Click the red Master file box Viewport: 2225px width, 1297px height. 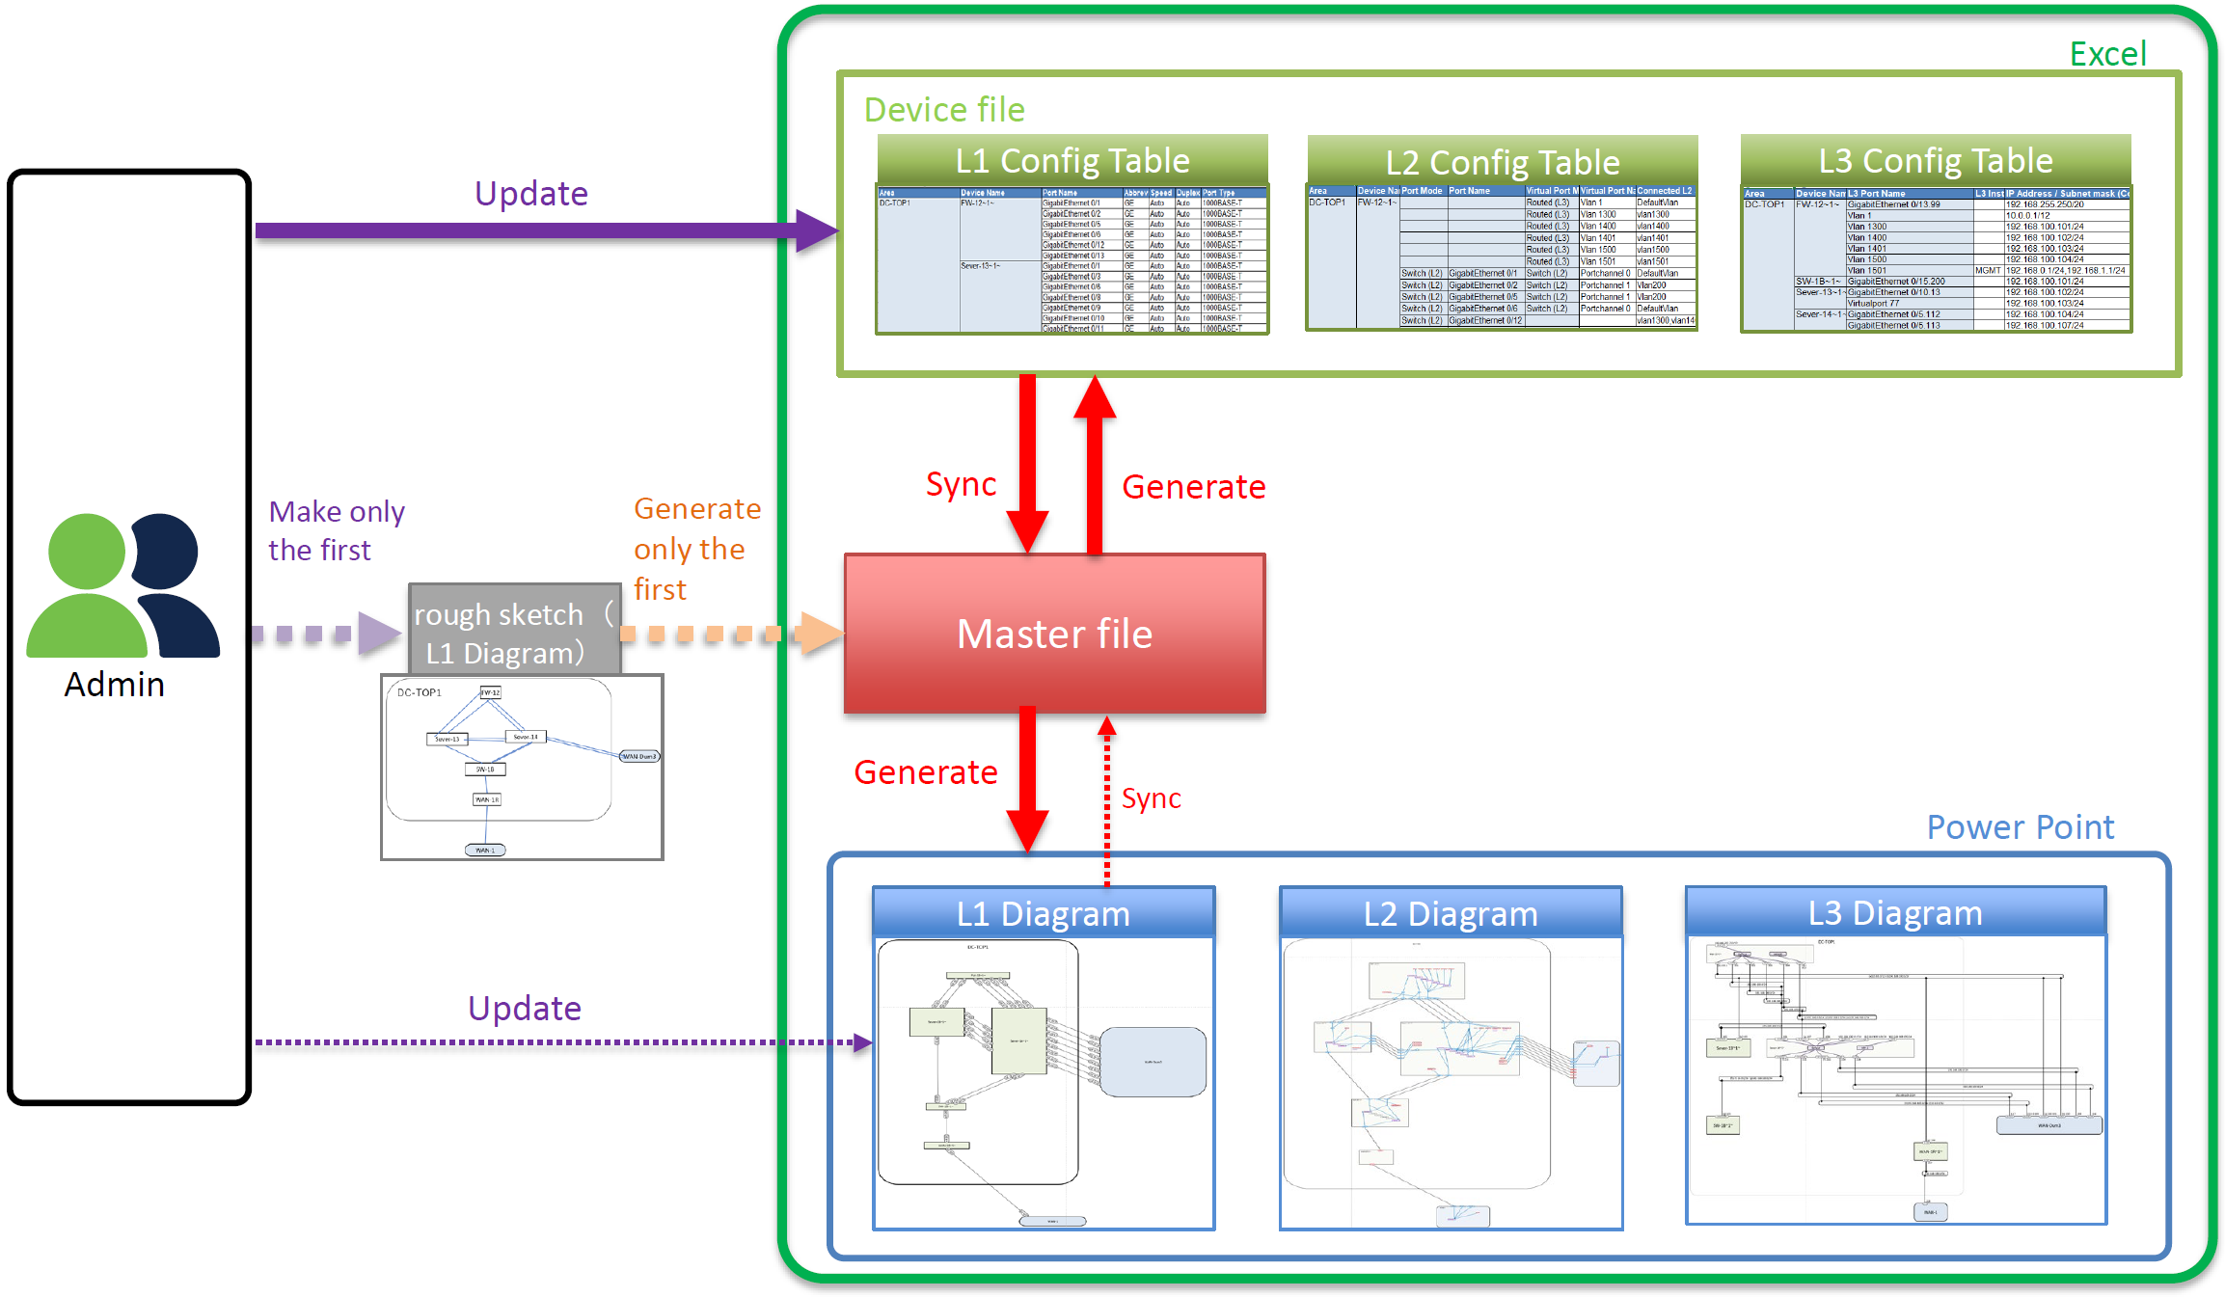pos(1054,634)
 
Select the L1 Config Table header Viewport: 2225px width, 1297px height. pos(1072,160)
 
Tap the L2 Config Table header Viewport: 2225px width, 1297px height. pos(1502,161)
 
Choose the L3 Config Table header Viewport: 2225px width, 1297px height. pos(1935,160)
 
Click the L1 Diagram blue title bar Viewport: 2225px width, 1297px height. pos(1043,913)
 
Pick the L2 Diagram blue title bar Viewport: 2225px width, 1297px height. pos(1450,913)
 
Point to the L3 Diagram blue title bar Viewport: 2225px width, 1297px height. pos(1894,912)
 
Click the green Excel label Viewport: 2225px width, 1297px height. pos(2107,54)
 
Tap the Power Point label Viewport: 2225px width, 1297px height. pos(2020,827)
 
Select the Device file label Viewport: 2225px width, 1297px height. pos(943,110)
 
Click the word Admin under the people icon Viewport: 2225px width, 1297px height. pos(114,685)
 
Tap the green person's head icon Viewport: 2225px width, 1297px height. pos(87,551)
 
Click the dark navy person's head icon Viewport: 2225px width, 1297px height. pos(166,550)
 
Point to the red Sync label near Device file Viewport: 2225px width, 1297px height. pos(961,484)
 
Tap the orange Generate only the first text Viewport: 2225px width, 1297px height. pos(695,549)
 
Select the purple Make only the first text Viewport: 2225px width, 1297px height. pos(336,530)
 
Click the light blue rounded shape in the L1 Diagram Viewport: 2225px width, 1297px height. pos(1153,1062)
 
